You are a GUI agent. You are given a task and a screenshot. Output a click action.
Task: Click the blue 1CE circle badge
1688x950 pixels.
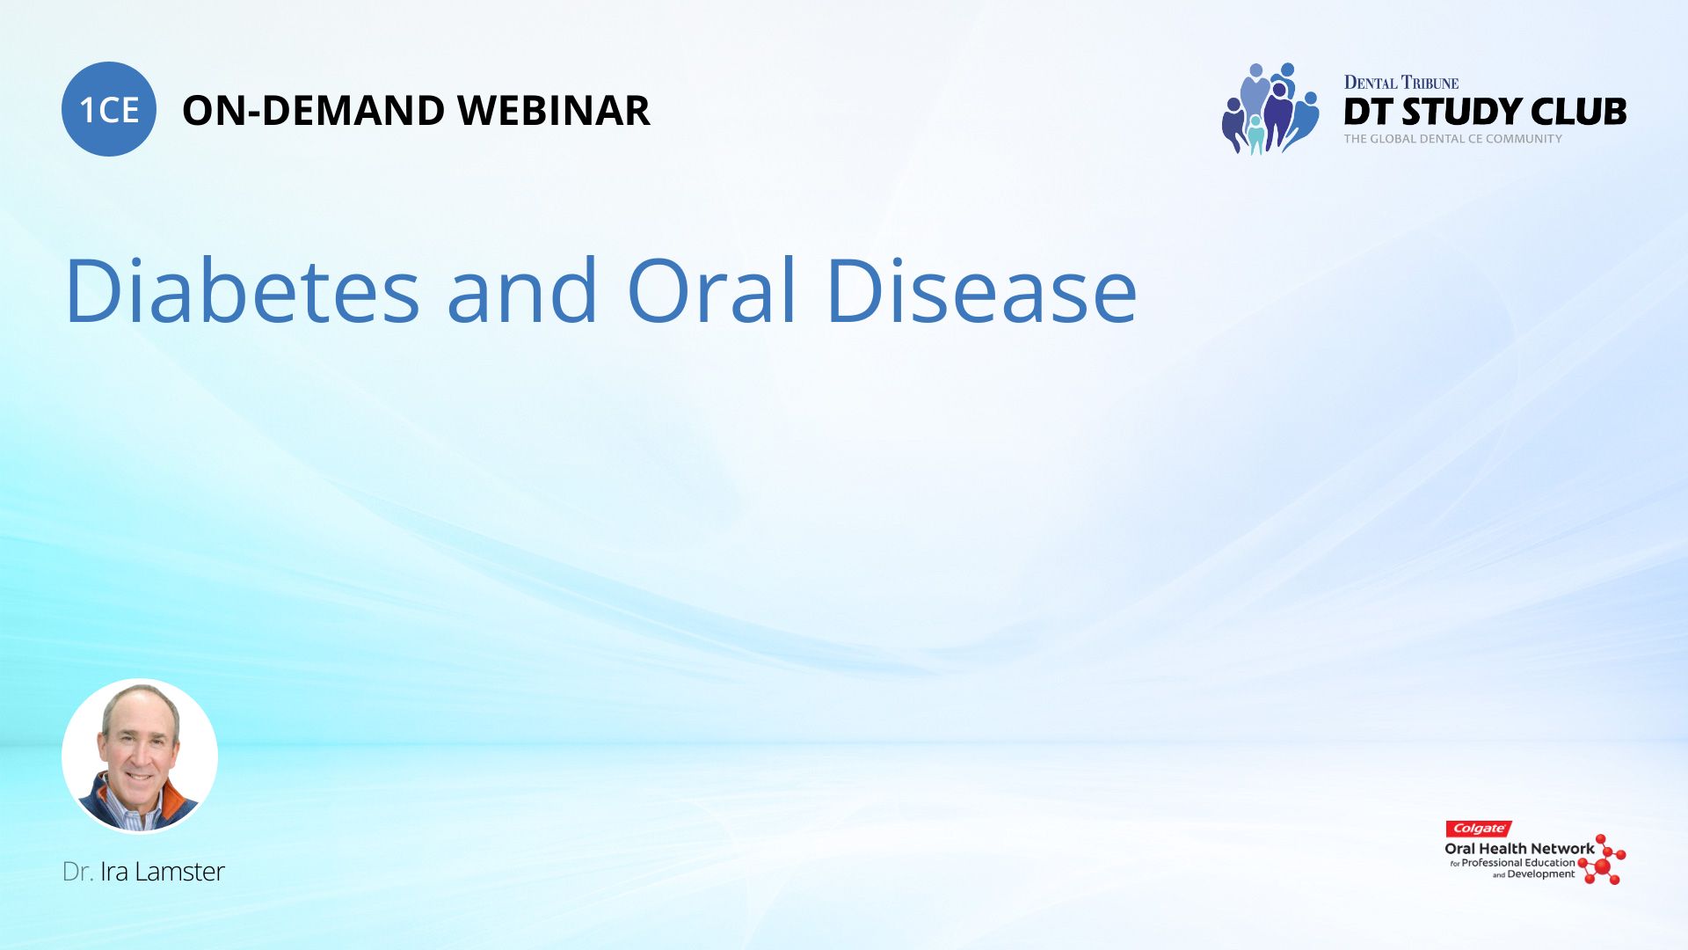[x=109, y=109]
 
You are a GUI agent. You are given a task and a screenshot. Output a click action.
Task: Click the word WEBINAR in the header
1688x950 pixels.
[x=554, y=111]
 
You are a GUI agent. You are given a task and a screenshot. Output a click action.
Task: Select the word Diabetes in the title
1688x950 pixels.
[x=243, y=289]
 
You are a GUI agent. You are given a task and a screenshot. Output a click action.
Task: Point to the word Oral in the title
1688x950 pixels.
[x=712, y=289]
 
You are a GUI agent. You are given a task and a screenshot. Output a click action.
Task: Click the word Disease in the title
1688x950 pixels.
[x=982, y=289]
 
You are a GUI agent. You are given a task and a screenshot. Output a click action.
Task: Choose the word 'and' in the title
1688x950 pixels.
[x=523, y=289]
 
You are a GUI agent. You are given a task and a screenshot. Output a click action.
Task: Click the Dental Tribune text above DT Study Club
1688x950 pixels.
[x=1401, y=83]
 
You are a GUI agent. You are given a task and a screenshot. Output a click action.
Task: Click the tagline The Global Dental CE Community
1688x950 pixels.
[x=1453, y=139]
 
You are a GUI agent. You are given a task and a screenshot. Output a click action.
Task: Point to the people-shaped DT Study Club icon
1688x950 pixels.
[x=1270, y=109]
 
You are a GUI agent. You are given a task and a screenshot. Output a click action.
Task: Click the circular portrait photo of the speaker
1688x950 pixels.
[x=140, y=756]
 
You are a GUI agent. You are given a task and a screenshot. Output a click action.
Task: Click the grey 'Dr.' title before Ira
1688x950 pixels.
[x=78, y=872]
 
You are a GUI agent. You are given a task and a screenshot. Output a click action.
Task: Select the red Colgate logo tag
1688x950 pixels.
[x=1479, y=829]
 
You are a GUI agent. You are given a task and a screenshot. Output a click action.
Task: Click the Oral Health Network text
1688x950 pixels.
[x=1519, y=849]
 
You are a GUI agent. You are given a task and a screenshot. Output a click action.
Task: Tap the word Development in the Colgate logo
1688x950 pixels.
[x=1541, y=874]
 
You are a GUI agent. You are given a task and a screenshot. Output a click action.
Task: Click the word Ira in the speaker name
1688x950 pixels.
[x=114, y=872]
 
